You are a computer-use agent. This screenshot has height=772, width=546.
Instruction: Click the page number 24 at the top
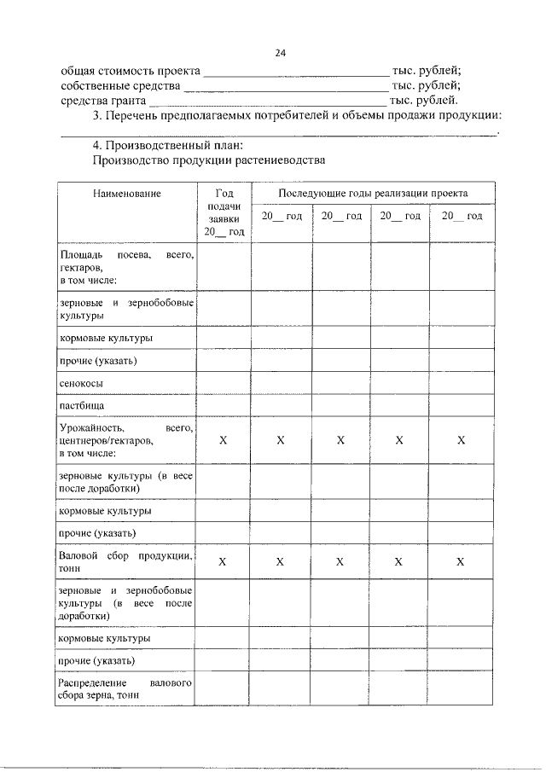click(280, 53)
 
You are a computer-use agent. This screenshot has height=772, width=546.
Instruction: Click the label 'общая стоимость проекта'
click(131, 71)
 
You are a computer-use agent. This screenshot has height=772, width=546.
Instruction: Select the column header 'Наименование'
click(126, 194)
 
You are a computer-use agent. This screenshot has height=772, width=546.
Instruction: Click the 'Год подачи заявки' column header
click(224, 212)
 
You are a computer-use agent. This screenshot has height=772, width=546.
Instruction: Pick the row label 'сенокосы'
click(80, 384)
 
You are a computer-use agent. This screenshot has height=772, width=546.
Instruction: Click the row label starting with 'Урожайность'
click(126, 440)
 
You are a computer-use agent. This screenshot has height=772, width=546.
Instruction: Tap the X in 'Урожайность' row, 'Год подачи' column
click(224, 440)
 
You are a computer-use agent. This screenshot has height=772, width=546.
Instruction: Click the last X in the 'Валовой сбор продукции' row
click(461, 561)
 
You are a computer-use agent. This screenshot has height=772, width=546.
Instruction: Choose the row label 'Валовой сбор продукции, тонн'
click(126, 561)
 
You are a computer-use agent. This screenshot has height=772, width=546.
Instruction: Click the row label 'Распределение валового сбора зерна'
click(126, 689)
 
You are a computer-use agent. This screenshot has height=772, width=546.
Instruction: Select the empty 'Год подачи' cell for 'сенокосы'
click(224, 384)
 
